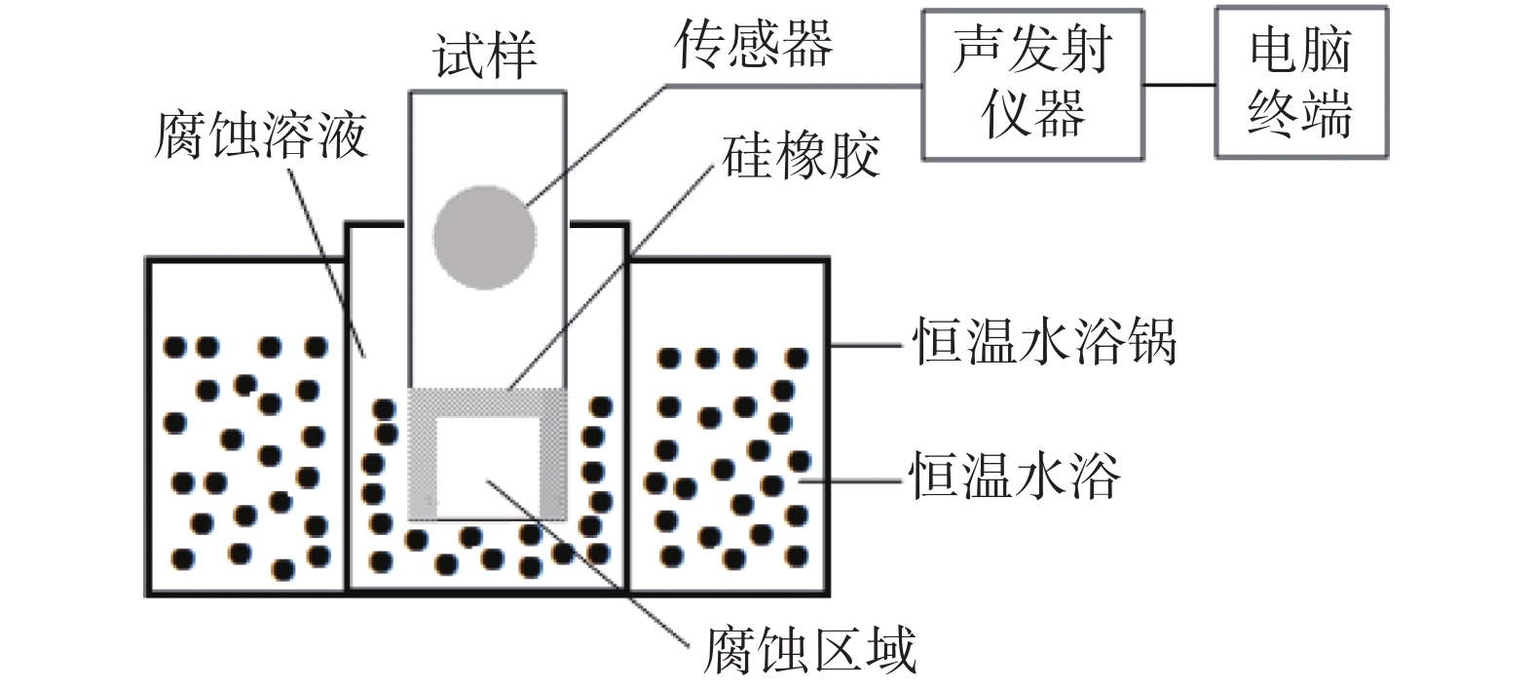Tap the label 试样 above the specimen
[485, 57]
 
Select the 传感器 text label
[754, 45]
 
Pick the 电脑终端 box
[1300, 82]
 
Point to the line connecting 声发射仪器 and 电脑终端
[1179, 85]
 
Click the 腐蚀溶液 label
[261, 134]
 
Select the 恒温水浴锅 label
[1044, 343]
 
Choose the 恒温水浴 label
[1015, 477]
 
